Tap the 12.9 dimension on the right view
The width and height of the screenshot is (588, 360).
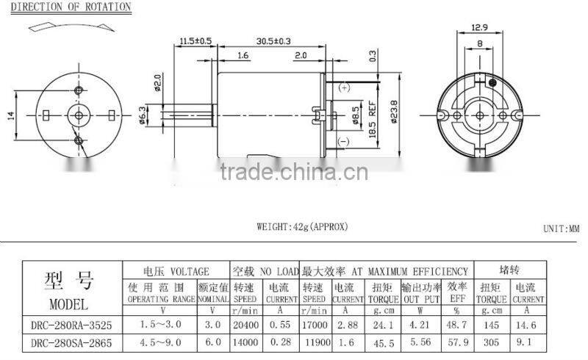pos(479,28)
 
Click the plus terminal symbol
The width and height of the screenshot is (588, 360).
pos(344,87)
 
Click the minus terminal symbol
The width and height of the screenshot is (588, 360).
pos(343,141)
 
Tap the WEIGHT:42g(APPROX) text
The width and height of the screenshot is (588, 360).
pos(301,227)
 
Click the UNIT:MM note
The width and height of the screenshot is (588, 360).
pos(562,229)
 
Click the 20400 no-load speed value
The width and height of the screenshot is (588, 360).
pos(246,324)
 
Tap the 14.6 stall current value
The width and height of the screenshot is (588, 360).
pos(528,324)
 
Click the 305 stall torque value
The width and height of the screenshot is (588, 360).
pos(491,342)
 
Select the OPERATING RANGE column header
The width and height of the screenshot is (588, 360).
pos(161,300)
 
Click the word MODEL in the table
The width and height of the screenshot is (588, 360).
pos(68,303)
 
